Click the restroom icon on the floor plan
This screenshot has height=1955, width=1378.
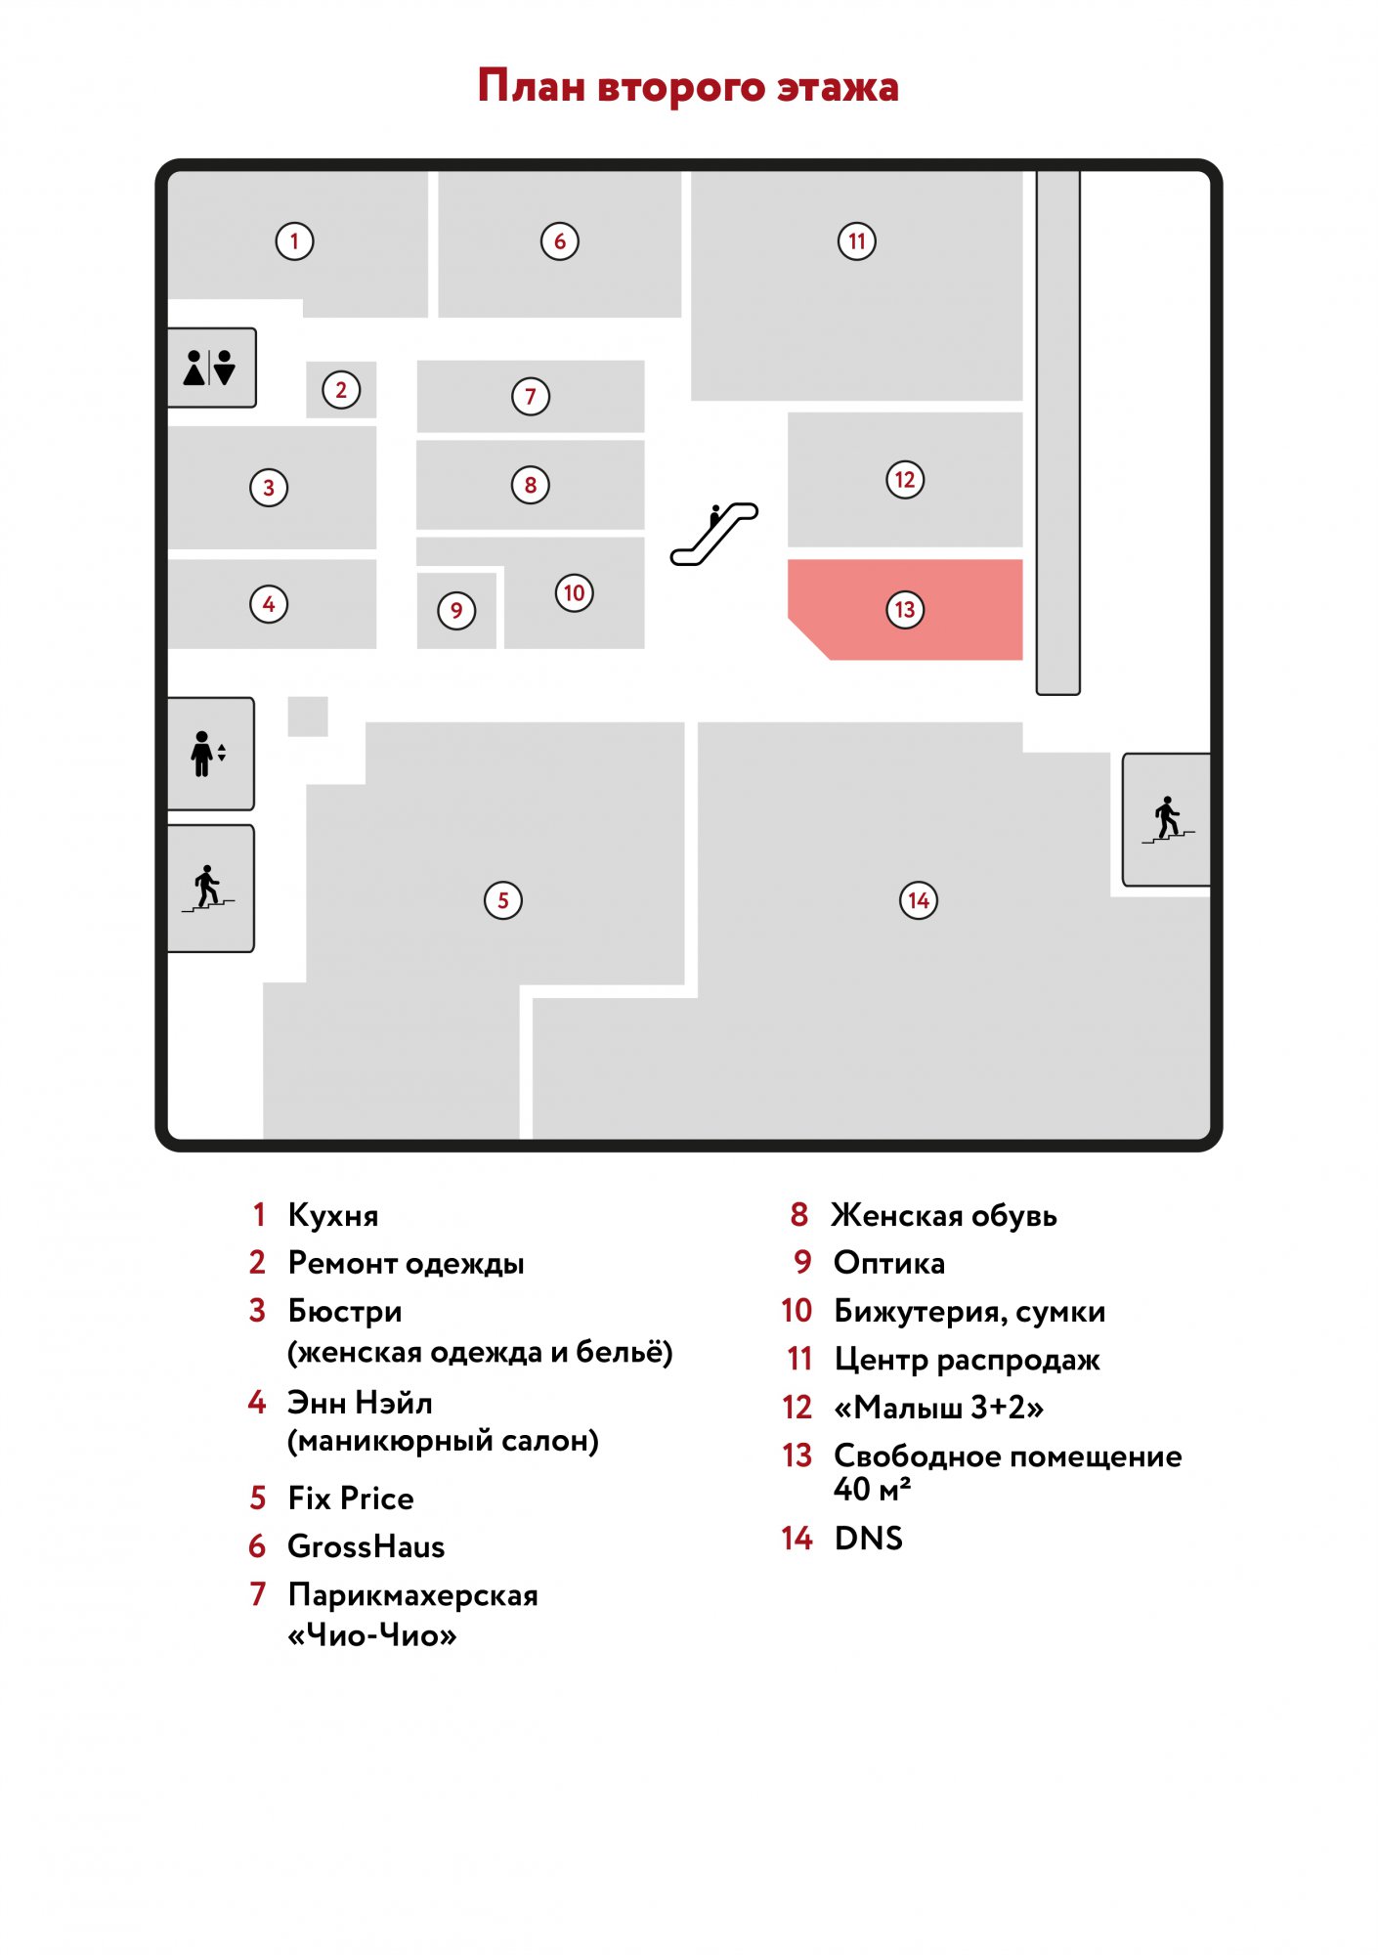click(x=209, y=368)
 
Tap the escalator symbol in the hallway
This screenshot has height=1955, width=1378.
click(x=713, y=534)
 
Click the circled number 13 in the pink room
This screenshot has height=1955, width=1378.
click(x=905, y=610)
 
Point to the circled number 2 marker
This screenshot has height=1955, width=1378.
click(x=341, y=390)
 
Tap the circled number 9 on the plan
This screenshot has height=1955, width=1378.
click(x=456, y=611)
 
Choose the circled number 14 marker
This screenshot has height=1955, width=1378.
click(x=919, y=900)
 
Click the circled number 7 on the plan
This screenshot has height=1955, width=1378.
click(x=531, y=397)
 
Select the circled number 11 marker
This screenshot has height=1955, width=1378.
click(x=857, y=241)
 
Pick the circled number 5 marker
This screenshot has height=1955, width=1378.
click(x=503, y=900)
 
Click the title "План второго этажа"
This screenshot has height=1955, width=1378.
click(x=688, y=86)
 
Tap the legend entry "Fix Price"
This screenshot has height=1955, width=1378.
click(x=351, y=1499)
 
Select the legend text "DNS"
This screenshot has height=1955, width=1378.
click(x=869, y=1539)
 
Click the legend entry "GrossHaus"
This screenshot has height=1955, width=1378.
click(x=366, y=1546)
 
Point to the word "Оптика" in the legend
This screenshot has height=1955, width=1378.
click(x=889, y=1263)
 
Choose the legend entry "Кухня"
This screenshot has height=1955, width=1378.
click(x=333, y=1215)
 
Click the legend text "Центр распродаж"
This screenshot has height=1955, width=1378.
click(x=968, y=1360)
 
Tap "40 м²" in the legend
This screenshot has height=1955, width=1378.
click(x=873, y=1490)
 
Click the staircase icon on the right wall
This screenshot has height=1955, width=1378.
click(x=1168, y=820)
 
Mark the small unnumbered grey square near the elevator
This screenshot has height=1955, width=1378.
click(x=308, y=717)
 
